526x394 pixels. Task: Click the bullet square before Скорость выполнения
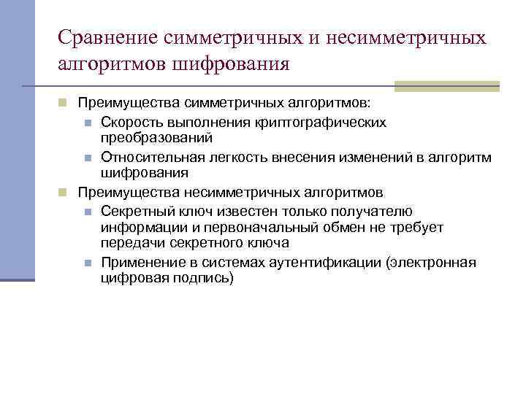86,122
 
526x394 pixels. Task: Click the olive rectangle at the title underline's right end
446,85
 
